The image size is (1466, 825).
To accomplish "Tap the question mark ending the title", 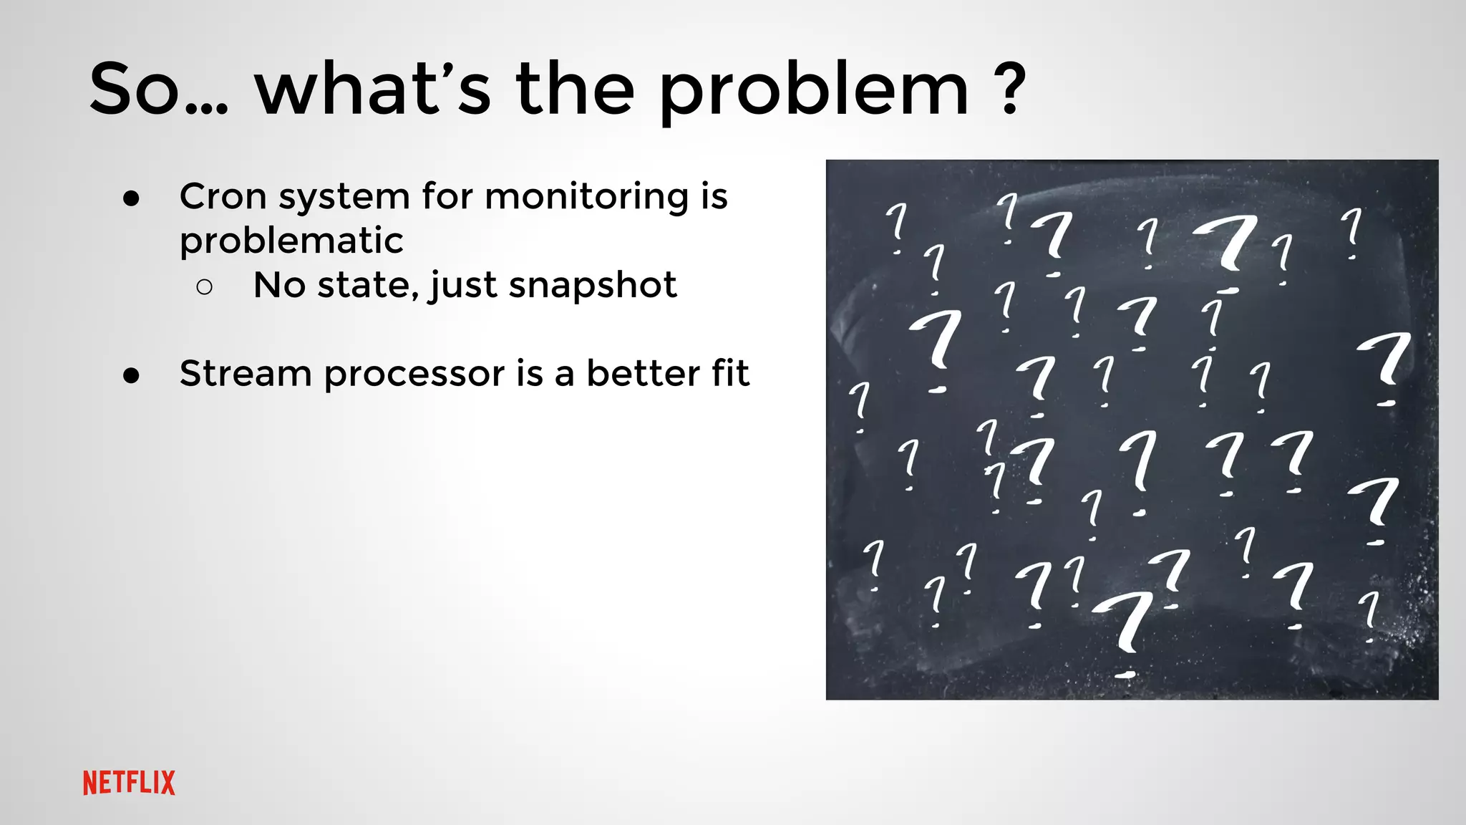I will click(x=1010, y=89).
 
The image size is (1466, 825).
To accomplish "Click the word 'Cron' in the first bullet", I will click(x=223, y=196).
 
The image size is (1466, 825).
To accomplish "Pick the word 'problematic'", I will click(x=291, y=241).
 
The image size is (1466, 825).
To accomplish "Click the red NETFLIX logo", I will click(x=129, y=783).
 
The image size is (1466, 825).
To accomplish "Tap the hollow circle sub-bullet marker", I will click(x=204, y=287).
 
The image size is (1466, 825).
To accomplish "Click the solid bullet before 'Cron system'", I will click(x=131, y=199).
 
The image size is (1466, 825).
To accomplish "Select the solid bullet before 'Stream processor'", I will click(x=131, y=376).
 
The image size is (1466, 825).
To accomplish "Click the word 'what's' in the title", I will click(x=372, y=89).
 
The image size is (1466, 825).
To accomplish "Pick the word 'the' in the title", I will click(x=575, y=89).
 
